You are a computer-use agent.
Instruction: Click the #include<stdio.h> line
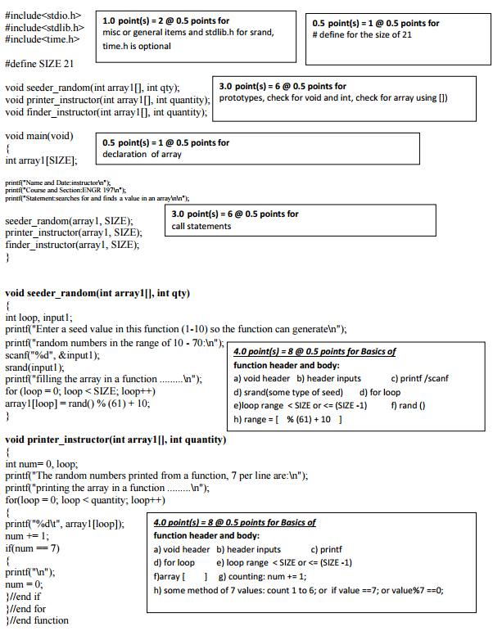click(x=43, y=16)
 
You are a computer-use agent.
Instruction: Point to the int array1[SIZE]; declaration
click(x=41, y=160)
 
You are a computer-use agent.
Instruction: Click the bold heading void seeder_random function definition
click(x=97, y=293)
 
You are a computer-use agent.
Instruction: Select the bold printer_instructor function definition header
click(x=115, y=439)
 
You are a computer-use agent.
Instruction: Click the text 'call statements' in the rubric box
click(x=201, y=226)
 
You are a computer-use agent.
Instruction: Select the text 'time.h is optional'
click(x=137, y=46)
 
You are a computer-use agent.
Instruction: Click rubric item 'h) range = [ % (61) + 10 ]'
click(x=287, y=419)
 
